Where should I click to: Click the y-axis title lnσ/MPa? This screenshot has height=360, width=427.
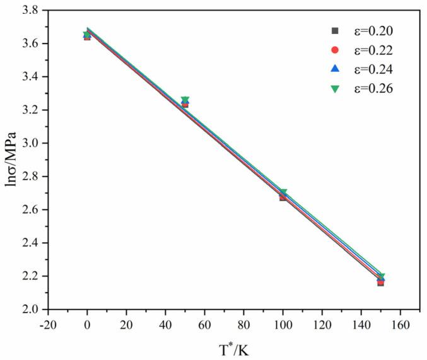click(x=12, y=161)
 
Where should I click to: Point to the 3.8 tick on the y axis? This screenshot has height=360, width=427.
click(x=33, y=11)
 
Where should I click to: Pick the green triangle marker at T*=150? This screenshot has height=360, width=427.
click(x=380, y=276)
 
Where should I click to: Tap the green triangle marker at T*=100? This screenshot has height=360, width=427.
click(x=283, y=192)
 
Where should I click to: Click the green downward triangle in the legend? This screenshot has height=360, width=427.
click(x=336, y=89)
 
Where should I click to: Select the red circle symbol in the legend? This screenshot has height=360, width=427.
click(x=336, y=50)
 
